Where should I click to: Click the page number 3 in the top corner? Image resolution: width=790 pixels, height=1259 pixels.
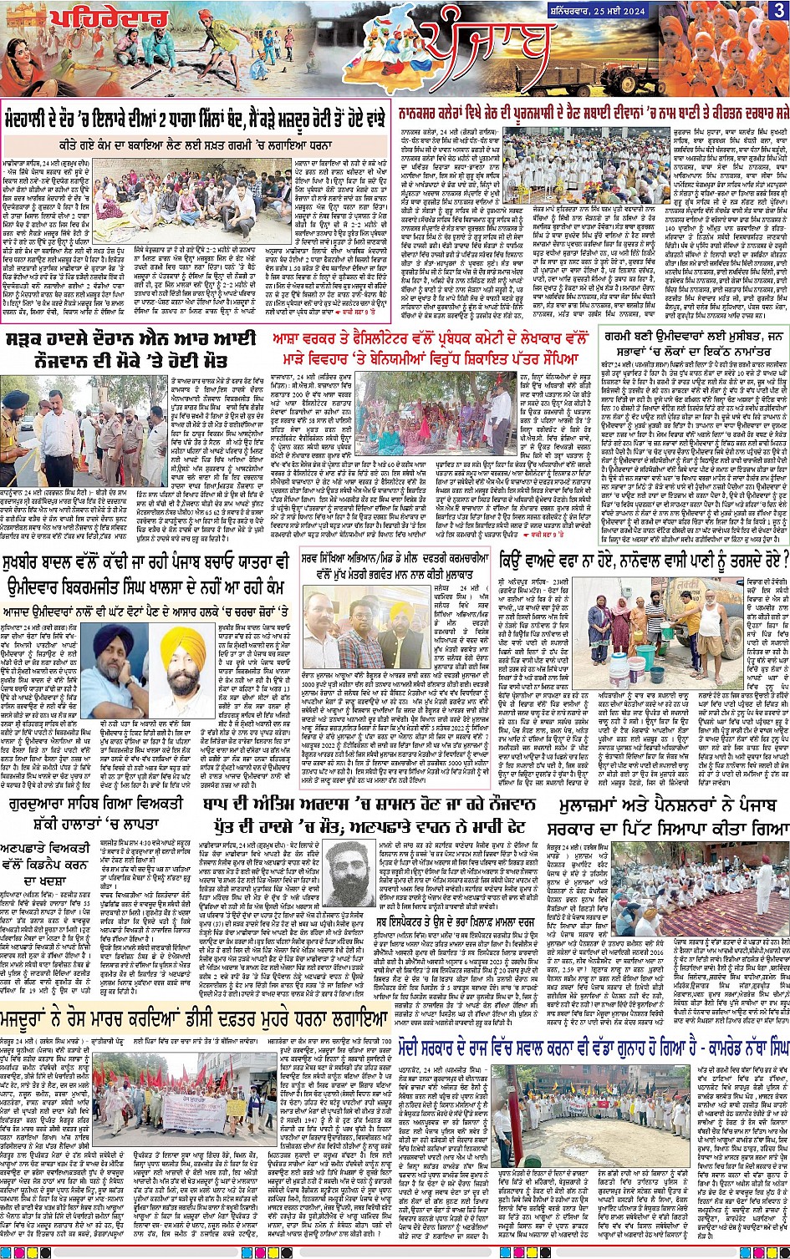pos(778,10)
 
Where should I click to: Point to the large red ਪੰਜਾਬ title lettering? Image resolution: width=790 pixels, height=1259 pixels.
pos(485,50)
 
